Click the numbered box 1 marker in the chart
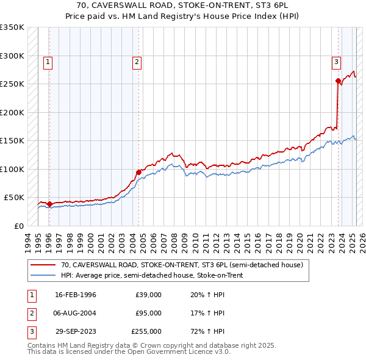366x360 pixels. pos(48,61)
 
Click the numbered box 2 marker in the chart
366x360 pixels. pos(137,61)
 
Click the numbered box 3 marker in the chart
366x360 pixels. pos(336,61)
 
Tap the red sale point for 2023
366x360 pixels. pos(338,81)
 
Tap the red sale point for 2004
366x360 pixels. pos(138,171)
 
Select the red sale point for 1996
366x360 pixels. pos(49,204)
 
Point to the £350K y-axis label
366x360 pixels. pos(12,27)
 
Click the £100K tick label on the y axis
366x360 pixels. pos(12,169)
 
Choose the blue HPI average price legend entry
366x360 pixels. pos(152,275)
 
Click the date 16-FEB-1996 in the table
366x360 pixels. pos(76,295)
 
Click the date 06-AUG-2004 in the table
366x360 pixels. pos(76,313)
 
